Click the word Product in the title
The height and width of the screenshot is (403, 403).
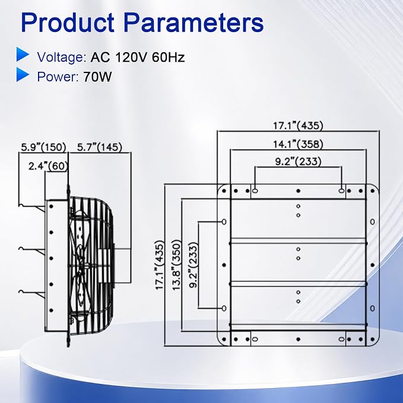pos(68,23)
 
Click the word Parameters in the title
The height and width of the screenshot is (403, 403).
pos(194,23)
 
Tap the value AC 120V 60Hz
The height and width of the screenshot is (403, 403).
pos(138,57)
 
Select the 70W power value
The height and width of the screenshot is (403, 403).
pos(98,77)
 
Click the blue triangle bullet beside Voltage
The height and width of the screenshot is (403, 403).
pos(23,54)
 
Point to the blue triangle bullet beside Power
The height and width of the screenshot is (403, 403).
pos(23,75)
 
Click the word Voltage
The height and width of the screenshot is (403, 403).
pos(61,57)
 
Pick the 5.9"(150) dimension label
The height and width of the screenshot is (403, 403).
pos(43,147)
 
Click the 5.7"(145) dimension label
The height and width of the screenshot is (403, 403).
pos(100,147)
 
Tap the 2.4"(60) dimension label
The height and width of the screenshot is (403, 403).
pos(48,166)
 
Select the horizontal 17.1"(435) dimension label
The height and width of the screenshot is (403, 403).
pos(298,126)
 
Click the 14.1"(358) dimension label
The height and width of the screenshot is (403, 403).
pos(298,144)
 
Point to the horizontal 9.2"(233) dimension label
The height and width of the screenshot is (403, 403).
pos(298,161)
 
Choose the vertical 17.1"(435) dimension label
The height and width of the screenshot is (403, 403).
pos(159,265)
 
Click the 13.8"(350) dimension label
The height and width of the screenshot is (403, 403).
pos(176,265)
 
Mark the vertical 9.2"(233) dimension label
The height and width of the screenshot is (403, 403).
pos(193,265)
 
